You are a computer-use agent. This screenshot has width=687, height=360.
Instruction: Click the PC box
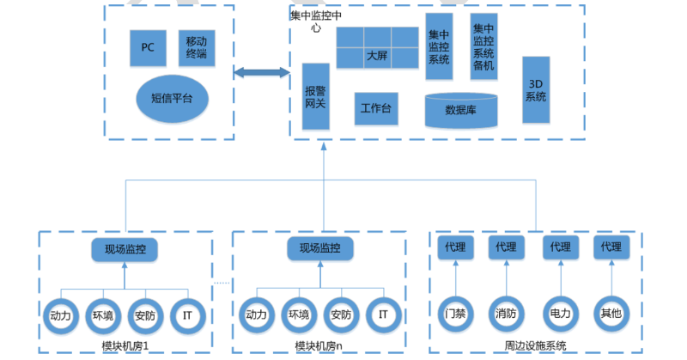pyautogui.click(x=148, y=48)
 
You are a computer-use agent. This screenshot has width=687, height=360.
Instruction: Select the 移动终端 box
pyautogui.click(x=196, y=48)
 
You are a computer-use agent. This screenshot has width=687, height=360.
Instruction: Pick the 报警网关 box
pyautogui.click(x=316, y=96)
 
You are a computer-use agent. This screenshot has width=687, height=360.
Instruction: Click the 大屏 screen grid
pyautogui.click(x=377, y=48)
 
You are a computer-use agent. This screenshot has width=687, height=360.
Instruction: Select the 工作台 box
pyautogui.click(x=376, y=109)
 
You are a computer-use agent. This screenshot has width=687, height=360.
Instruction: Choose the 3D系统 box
pyautogui.click(x=536, y=90)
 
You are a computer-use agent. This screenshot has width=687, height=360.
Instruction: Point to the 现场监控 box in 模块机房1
pyautogui.click(x=125, y=249)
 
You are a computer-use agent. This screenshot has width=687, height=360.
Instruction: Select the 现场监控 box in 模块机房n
pyautogui.click(x=320, y=248)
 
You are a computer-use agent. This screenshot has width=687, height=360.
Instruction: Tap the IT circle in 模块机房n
pyautogui.click(x=383, y=314)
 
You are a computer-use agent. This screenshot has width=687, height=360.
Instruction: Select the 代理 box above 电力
pyautogui.click(x=560, y=247)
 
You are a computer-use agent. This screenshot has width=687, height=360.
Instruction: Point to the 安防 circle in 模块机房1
pyautogui.click(x=145, y=314)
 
